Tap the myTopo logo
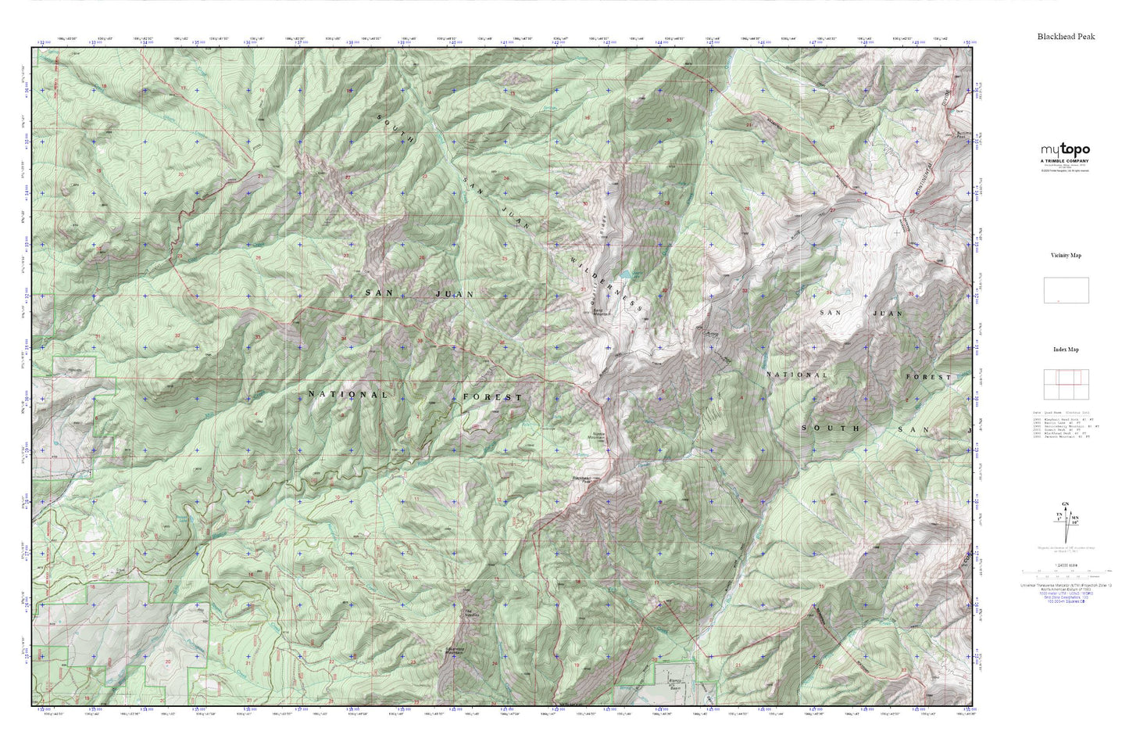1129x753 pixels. coord(1065,150)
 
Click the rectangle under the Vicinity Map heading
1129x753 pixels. coord(1066,290)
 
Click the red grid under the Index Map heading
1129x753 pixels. coord(1066,383)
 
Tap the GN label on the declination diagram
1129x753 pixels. coord(1063,504)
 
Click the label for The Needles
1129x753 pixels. coord(470,613)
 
